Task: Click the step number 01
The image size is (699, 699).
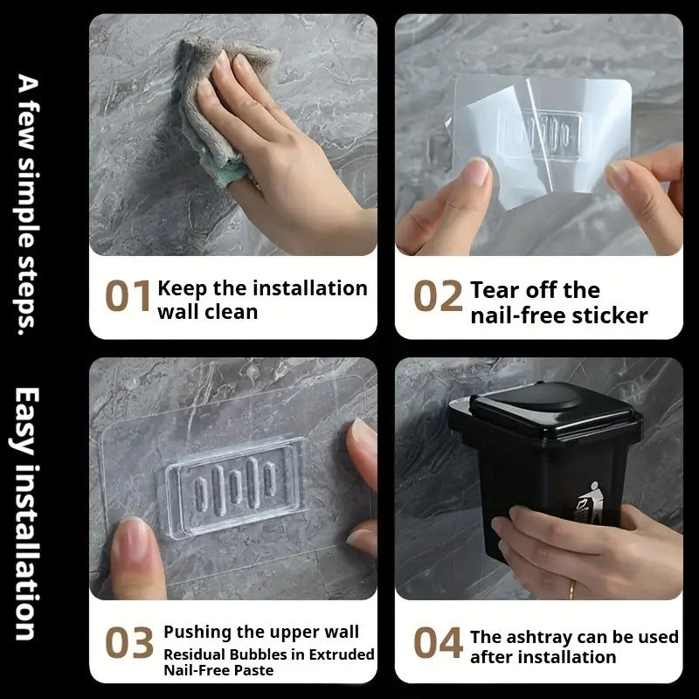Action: pos(128,295)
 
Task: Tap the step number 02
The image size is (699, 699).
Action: pos(438,295)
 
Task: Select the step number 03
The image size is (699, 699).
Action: pos(129,642)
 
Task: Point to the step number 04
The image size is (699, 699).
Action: pos(438,642)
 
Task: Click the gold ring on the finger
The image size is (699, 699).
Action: pos(571,589)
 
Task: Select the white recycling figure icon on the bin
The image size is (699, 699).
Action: pos(590,503)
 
